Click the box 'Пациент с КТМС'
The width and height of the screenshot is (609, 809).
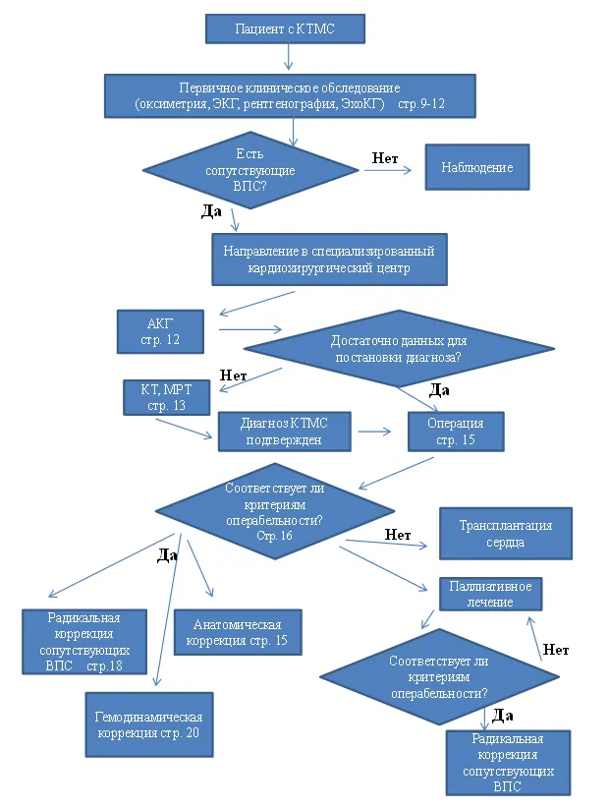(285, 29)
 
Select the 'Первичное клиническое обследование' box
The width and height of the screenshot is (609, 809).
(290, 96)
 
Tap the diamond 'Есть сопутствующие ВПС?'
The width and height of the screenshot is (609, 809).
(250, 170)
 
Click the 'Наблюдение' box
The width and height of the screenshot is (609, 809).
(477, 167)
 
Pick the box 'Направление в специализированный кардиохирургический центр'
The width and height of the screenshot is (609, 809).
(329, 259)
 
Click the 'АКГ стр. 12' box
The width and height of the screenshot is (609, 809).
(160, 331)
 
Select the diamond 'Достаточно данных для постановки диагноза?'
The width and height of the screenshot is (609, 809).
(399, 349)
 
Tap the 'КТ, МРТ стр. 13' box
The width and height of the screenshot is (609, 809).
(167, 397)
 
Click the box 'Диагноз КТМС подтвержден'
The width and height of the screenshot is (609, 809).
(285, 432)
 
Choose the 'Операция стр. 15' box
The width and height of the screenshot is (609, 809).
(456, 432)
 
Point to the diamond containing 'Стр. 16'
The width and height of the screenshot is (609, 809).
(275, 511)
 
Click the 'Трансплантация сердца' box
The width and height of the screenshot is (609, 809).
(506, 534)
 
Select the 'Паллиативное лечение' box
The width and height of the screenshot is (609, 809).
(490, 594)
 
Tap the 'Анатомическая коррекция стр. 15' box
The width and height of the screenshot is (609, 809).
(238, 632)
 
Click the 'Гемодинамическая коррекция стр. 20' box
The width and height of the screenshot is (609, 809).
(149, 724)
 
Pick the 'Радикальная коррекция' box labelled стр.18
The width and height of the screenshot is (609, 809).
(84, 642)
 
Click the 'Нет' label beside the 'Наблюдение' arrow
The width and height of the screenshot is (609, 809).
(385, 158)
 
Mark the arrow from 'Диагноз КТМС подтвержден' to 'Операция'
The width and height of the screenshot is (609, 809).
(375, 432)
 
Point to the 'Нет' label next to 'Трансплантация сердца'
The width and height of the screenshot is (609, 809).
(398, 535)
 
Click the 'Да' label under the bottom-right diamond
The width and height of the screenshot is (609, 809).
(502, 715)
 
